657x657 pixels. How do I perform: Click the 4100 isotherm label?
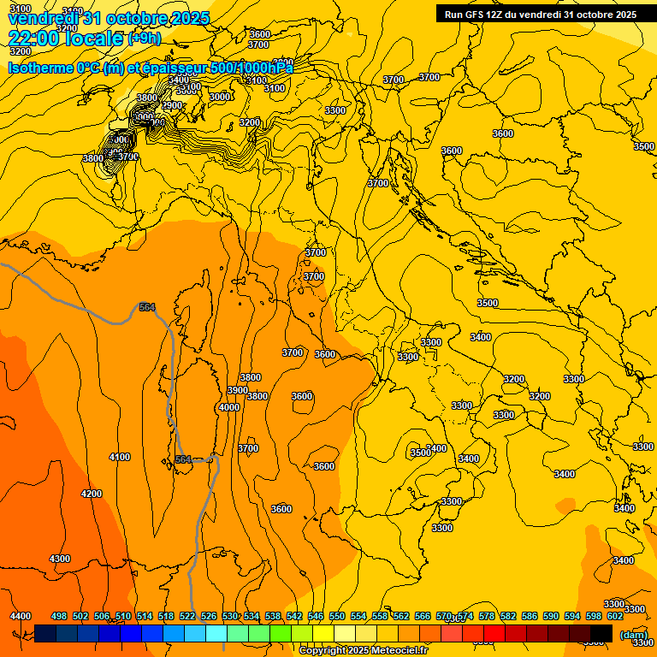point(120,457)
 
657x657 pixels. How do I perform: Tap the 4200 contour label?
point(92,494)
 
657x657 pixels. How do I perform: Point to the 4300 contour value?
point(60,559)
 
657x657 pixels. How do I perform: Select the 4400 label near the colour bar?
point(21,616)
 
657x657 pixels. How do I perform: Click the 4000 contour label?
point(229,407)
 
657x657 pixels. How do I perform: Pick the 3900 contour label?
point(238,390)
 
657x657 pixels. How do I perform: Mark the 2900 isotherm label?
point(173,105)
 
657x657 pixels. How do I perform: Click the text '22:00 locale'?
point(65,38)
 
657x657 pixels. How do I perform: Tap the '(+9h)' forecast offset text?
point(145,38)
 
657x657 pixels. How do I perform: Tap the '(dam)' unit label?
point(633,635)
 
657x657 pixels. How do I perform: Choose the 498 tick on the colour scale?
point(59,616)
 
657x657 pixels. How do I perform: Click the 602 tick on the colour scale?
point(615,616)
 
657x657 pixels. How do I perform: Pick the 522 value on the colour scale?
point(187,616)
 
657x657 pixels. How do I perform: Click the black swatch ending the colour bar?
point(601,633)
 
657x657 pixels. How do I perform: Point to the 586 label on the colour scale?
point(530,616)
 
